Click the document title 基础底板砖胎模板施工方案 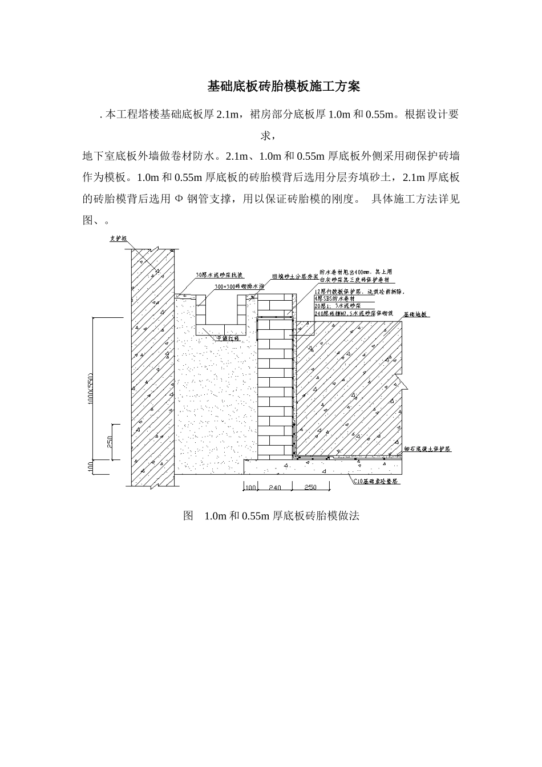click(x=283, y=87)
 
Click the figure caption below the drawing click(x=271, y=516)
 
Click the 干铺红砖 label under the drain click(x=227, y=338)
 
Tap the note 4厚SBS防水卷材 click(x=334, y=298)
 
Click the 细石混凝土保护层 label click(x=427, y=449)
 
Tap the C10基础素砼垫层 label click(x=376, y=482)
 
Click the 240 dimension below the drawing click(x=274, y=487)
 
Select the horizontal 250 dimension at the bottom click(x=310, y=487)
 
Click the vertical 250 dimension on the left click(x=110, y=441)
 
